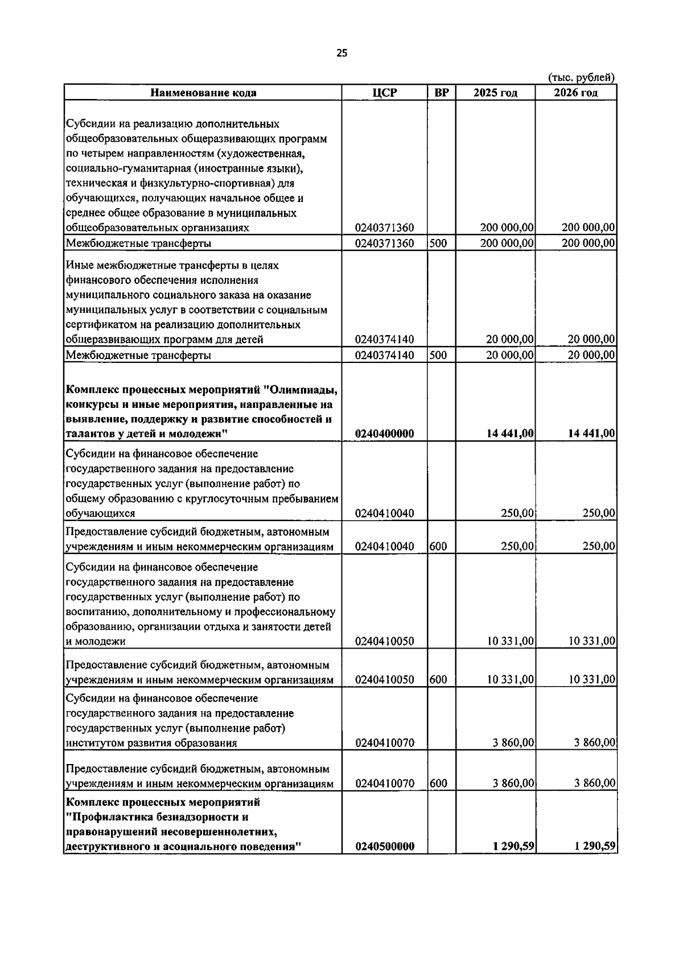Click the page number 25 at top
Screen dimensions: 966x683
coord(341,53)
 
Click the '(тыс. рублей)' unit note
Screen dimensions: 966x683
coord(581,77)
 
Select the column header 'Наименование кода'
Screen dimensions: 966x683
coord(203,93)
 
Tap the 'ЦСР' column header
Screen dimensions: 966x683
coord(385,93)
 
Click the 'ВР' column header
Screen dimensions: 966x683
coord(442,93)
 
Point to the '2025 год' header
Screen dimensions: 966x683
coord(495,93)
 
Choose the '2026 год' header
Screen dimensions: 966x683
coord(575,93)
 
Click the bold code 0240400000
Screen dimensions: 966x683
coord(385,434)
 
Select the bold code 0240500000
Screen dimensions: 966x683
coord(385,847)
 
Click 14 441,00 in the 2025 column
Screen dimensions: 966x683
coord(510,434)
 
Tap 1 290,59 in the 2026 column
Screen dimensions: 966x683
coord(595,847)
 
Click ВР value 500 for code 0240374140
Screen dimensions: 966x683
coord(438,355)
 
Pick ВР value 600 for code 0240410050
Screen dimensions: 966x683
coord(438,679)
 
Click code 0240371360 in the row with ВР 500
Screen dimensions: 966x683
coord(385,243)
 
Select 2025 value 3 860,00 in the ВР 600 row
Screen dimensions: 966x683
coord(513,783)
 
